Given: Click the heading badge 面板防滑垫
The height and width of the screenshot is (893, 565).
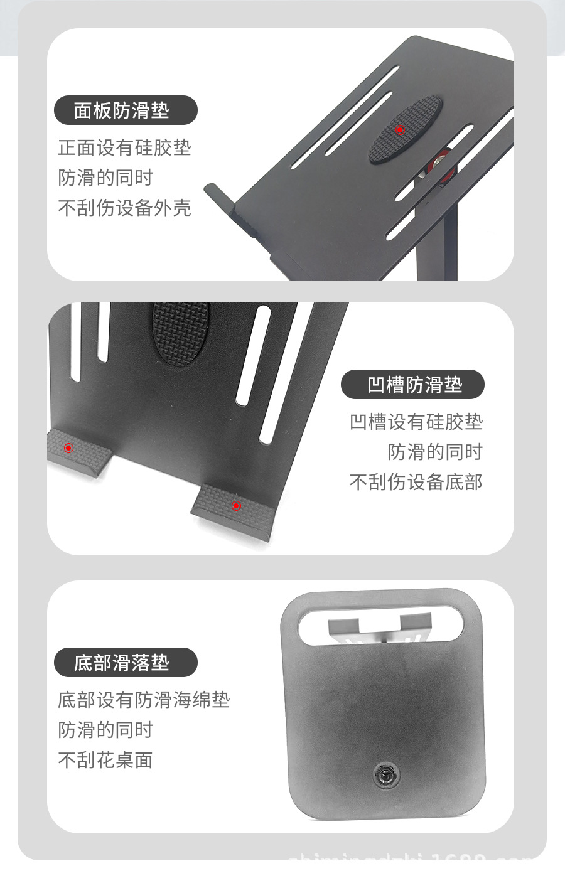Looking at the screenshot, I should [x=126, y=111].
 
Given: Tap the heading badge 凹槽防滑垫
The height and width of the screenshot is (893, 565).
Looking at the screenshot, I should [x=412, y=385].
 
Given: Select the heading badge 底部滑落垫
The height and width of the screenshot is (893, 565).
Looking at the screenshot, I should [x=126, y=663].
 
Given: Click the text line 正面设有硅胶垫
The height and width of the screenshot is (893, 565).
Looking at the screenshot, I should [x=124, y=148].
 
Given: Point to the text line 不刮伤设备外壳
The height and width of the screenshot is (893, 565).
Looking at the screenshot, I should [x=124, y=208].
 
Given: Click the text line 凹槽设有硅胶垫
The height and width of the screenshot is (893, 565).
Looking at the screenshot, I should [x=416, y=422].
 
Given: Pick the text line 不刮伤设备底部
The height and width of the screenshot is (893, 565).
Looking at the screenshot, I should [x=416, y=482].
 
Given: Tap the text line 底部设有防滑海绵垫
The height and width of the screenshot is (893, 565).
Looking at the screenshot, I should [x=144, y=700].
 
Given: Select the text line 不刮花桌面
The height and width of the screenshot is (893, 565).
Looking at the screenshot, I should [x=105, y=760].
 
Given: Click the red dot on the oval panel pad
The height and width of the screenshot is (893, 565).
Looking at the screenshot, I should [x=400, y=131].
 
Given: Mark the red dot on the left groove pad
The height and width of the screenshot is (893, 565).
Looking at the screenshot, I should [x=69, y=448].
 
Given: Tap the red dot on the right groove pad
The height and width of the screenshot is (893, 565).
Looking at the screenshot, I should [x=236, y=505].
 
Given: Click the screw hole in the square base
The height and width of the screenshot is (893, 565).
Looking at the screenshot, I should [x=384, y=774].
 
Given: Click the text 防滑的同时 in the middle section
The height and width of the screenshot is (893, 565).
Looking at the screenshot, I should [x=435, y=452].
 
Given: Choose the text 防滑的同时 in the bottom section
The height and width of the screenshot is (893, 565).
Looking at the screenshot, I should [x=105, y=730].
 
